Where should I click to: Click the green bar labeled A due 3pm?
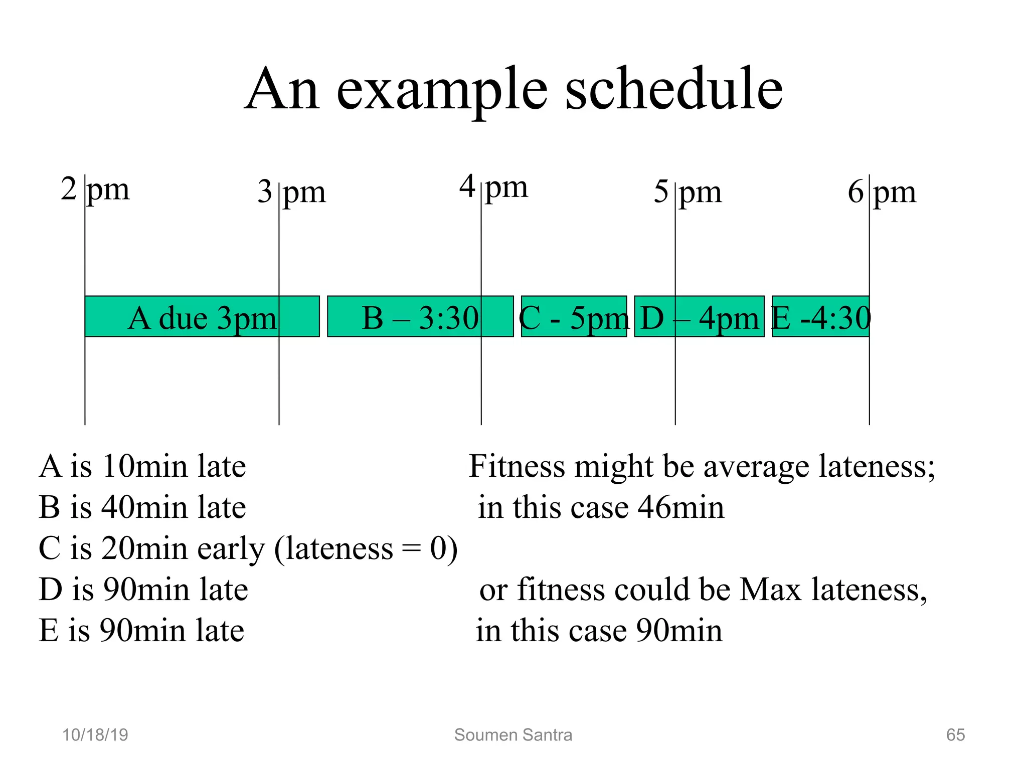[202, 316]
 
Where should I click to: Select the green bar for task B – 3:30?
[420, 316]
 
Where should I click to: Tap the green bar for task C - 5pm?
[574, 316]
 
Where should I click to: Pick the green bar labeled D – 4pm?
[699, 316]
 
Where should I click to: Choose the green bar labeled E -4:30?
[820, 316]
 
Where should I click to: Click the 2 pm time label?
[95, 189]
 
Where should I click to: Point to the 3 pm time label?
[291, 192]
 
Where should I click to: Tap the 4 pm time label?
[493, 186]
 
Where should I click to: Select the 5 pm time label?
[688, 192]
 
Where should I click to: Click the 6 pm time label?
[882, 192]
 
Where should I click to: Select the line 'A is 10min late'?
[142, 466]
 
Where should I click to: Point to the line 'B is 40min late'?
[142, 507]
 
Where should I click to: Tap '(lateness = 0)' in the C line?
[366, 549]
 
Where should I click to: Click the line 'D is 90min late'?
[143, 590]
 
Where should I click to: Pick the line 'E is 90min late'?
[141, 630]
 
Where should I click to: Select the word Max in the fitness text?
[770, 590]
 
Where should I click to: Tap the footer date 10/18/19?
[95, 735]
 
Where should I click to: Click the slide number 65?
[955, 735]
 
